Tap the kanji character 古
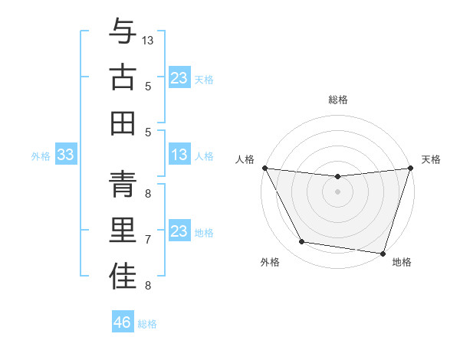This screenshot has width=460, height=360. point(123,77)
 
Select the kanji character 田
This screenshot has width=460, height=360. point(123,123)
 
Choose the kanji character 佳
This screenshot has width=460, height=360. point(123,277)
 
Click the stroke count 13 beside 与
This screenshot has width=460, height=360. point(148,40)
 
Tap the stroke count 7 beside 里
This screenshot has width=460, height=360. point(148,240)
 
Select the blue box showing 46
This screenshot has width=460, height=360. point(123,322)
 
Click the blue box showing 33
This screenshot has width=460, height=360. point(66,155)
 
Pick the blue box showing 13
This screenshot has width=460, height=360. point(179,155)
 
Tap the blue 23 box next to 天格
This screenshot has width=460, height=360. point(179,77)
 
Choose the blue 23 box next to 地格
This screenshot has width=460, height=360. point(179,231)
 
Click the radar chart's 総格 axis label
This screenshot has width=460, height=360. point(337,100)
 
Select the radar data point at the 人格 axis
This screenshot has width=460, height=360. point(264,168)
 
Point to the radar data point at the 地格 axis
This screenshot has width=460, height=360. point(383,253)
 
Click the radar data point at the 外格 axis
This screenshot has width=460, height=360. point(302,242)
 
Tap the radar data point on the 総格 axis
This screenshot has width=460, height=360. point(337,177)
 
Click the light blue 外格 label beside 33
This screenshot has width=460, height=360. point(41,156)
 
